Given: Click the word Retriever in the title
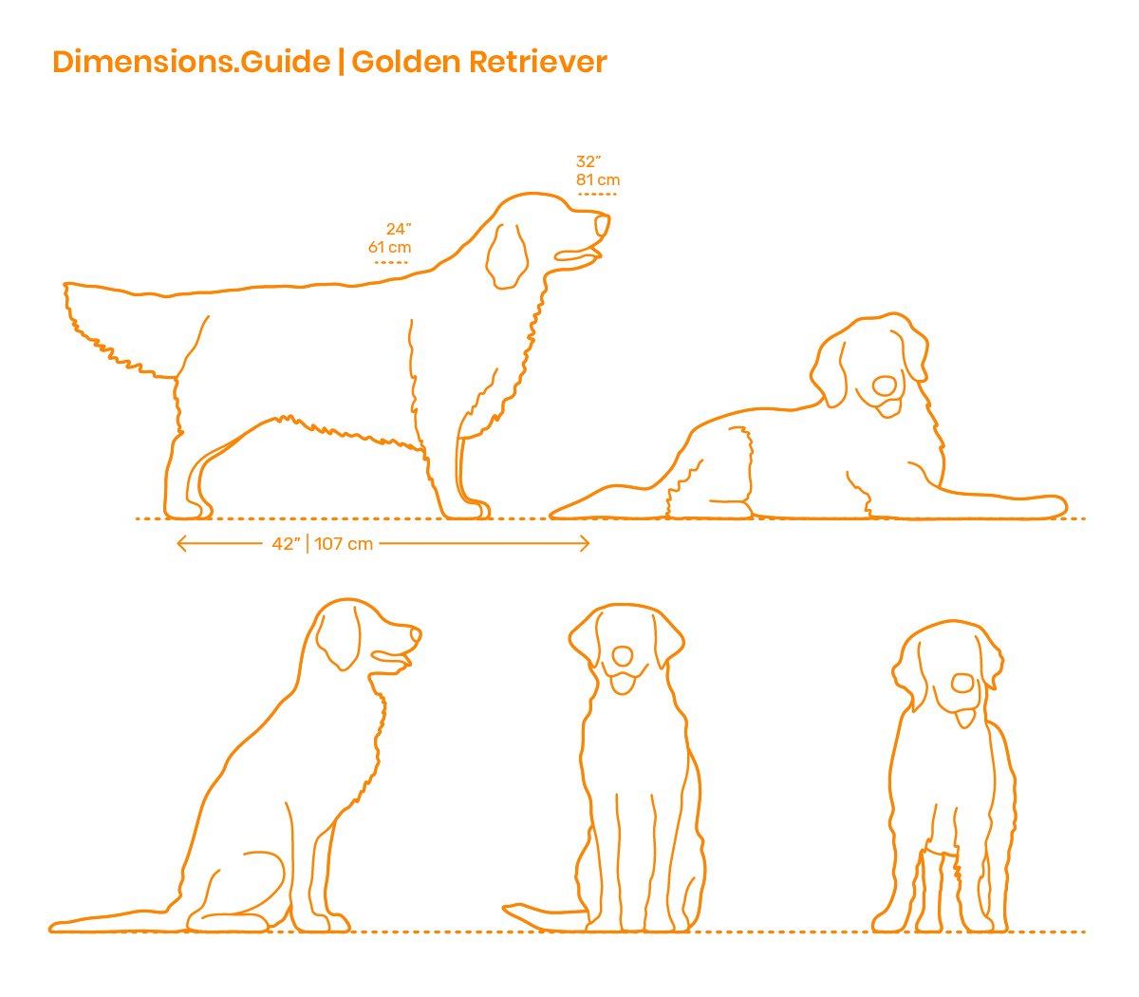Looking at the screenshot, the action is [x=538, y=62].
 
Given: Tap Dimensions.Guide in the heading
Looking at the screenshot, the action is [x=191, y=62].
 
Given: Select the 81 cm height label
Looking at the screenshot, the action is [x=597, y=179].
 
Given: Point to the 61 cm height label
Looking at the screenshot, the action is [x=389, y=247].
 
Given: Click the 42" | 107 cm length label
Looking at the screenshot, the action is [x=323, y=544].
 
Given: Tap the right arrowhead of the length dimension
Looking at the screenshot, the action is [x=585, y=544].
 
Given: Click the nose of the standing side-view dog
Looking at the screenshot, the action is [x=603, y=225].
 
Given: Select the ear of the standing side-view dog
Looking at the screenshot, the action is [x=506, y=256].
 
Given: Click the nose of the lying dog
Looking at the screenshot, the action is [x=884, y=386].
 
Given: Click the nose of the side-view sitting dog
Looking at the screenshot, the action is [x=415, y=635].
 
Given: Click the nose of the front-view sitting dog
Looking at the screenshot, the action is [x=623, y=655].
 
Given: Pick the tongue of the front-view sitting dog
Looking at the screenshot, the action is [x=623, y=685].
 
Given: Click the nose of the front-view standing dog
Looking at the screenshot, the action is [x=962, y=684].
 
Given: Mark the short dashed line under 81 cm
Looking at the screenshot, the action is [x=597, y=195].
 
